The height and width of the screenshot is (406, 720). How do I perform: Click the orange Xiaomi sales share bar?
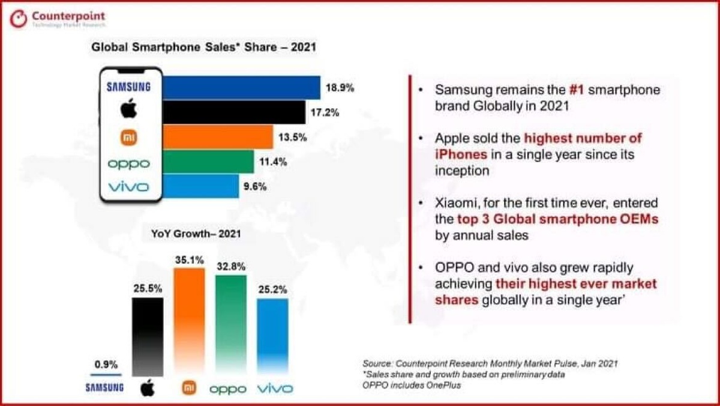coord(218,138)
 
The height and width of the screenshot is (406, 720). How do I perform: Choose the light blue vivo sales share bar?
coord(201,186)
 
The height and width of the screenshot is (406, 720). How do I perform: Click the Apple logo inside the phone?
coord(129,110)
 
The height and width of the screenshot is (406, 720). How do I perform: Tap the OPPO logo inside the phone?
coord(129,163)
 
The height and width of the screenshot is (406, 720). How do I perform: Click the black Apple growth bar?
coord(147,336)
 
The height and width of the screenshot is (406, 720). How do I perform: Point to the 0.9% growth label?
coord(106,364)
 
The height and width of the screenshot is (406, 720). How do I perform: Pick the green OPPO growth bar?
coord(230,324)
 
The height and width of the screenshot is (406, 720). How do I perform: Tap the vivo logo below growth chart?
coord(274,389)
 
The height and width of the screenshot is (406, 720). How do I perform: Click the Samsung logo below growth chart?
coord(104,388)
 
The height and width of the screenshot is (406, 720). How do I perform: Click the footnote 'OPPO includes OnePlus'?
coord(411,385)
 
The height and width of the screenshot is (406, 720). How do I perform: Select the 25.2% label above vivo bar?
coord(272,288)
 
